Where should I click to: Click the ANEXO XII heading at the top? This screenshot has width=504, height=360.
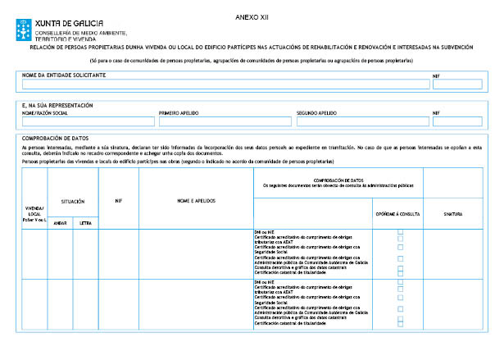[x=251, y=16]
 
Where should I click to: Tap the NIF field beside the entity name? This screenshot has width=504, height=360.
[x=457, y=84]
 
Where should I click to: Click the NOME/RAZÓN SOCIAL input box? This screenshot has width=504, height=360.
[x=88, y=121]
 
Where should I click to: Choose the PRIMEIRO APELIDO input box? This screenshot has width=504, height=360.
[x=225, y=121]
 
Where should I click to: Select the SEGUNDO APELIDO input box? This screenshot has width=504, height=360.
[x=361, y=121]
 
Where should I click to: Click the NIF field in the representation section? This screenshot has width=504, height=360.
[x=457, y=121]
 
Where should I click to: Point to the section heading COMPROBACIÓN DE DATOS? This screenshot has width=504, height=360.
[x=56, y=139]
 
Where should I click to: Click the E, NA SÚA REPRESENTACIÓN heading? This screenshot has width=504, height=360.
[x=57, y=106]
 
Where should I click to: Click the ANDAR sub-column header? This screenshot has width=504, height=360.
[x=60, y=222]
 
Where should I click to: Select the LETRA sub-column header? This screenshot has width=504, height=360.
[x=85, y=222]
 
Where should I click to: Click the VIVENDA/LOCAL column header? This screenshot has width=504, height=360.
[x=34, y=214]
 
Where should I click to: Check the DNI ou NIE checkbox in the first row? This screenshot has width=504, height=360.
[x=400, y=232]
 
